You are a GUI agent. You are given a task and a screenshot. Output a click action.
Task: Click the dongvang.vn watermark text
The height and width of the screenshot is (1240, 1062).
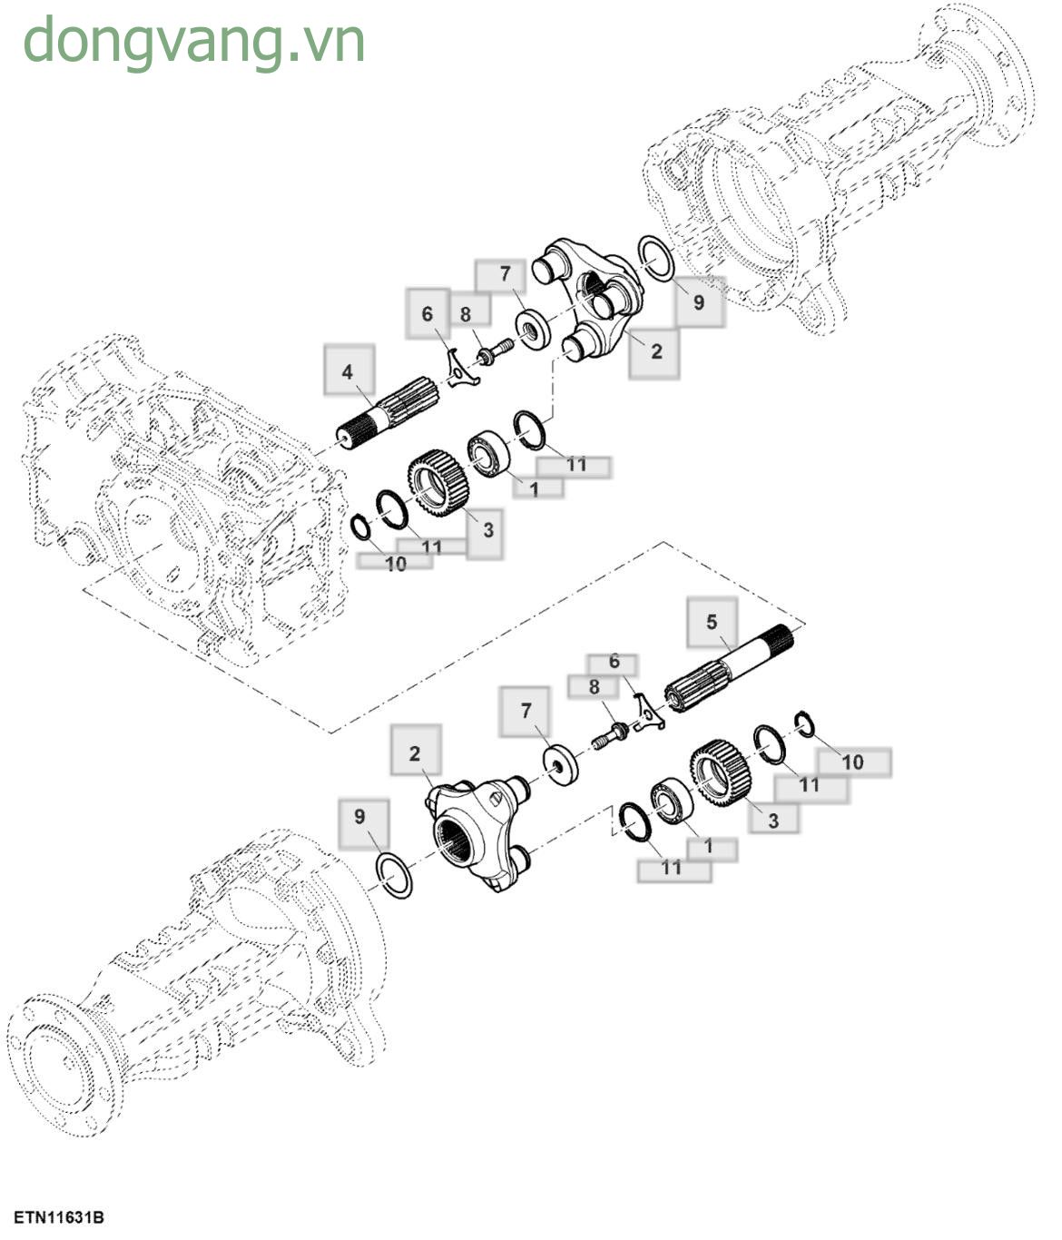193,41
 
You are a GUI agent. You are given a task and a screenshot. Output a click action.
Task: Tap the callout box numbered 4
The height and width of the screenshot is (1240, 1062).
349,370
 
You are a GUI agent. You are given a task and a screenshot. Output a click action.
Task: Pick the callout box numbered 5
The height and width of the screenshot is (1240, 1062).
712,622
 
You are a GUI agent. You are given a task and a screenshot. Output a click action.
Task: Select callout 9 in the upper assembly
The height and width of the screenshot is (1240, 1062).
698,301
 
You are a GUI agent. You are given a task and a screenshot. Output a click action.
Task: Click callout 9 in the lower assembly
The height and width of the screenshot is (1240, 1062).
360,817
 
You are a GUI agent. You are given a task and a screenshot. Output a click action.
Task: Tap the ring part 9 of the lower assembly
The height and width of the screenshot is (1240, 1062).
395,875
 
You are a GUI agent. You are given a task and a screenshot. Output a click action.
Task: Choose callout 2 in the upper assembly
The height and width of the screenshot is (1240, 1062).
655,352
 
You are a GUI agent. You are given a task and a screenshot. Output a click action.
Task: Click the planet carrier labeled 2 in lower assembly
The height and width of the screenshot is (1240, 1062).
477,832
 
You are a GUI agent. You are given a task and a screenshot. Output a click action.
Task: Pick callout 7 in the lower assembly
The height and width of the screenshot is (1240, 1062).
526,711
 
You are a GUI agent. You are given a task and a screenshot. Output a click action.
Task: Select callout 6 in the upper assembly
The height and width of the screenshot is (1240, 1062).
428,314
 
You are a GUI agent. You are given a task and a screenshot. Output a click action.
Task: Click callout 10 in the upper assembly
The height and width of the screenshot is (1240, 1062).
395,564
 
